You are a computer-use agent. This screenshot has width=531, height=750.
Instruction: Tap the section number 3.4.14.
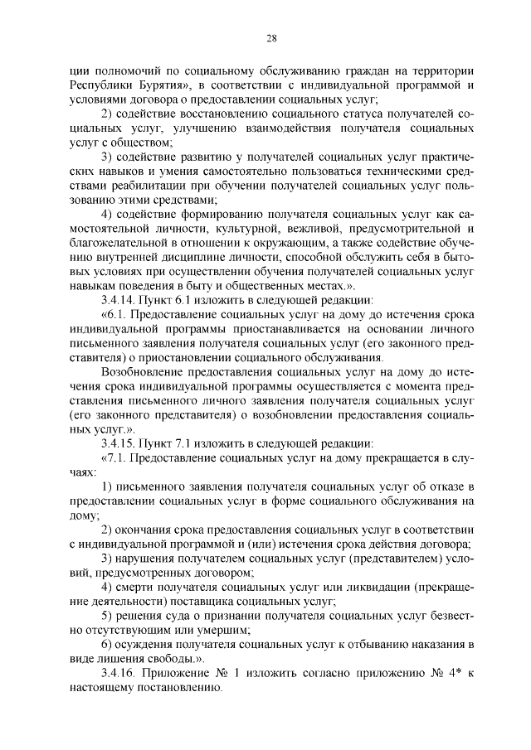124,300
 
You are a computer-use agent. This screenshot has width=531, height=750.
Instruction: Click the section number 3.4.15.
124,443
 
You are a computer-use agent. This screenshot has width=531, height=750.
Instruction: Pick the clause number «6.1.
114,315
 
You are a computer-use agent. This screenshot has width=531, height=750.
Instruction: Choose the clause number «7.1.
114,457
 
